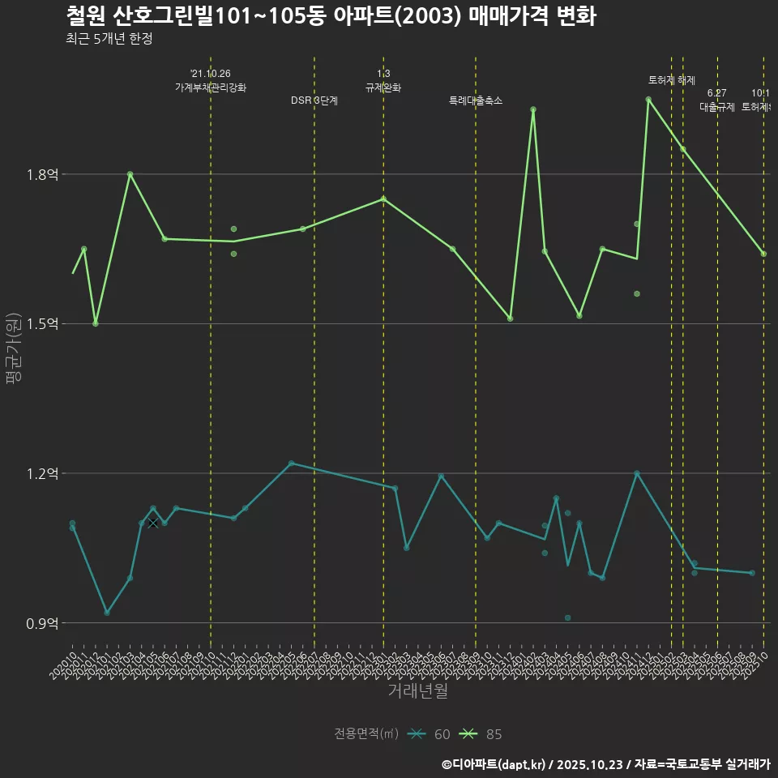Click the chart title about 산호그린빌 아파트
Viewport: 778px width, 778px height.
point(331,16)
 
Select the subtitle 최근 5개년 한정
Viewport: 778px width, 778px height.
point(109,39)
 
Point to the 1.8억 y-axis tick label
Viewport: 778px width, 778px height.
point(42,174)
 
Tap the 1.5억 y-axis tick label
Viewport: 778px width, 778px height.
point(42,324)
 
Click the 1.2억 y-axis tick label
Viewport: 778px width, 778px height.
point(42,473)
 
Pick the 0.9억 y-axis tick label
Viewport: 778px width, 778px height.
point(42,623)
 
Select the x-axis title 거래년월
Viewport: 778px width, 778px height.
point(417,691)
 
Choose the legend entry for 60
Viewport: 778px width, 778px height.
point(430,734)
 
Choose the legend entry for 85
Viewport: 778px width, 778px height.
point(481,734)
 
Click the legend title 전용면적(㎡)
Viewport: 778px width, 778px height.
point(366,734)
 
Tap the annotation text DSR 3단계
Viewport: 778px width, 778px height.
point(314,100)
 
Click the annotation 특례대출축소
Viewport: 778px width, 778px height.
point(476,100)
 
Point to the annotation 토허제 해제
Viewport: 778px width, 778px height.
point(672,80)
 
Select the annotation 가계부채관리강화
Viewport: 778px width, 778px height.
point(211,88)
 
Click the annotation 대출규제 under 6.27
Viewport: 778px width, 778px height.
point(717,107)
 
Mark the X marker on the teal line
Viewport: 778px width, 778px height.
point(152,523)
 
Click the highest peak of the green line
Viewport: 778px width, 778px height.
point(648,100)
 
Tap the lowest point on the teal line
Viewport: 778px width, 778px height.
point(107,613)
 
